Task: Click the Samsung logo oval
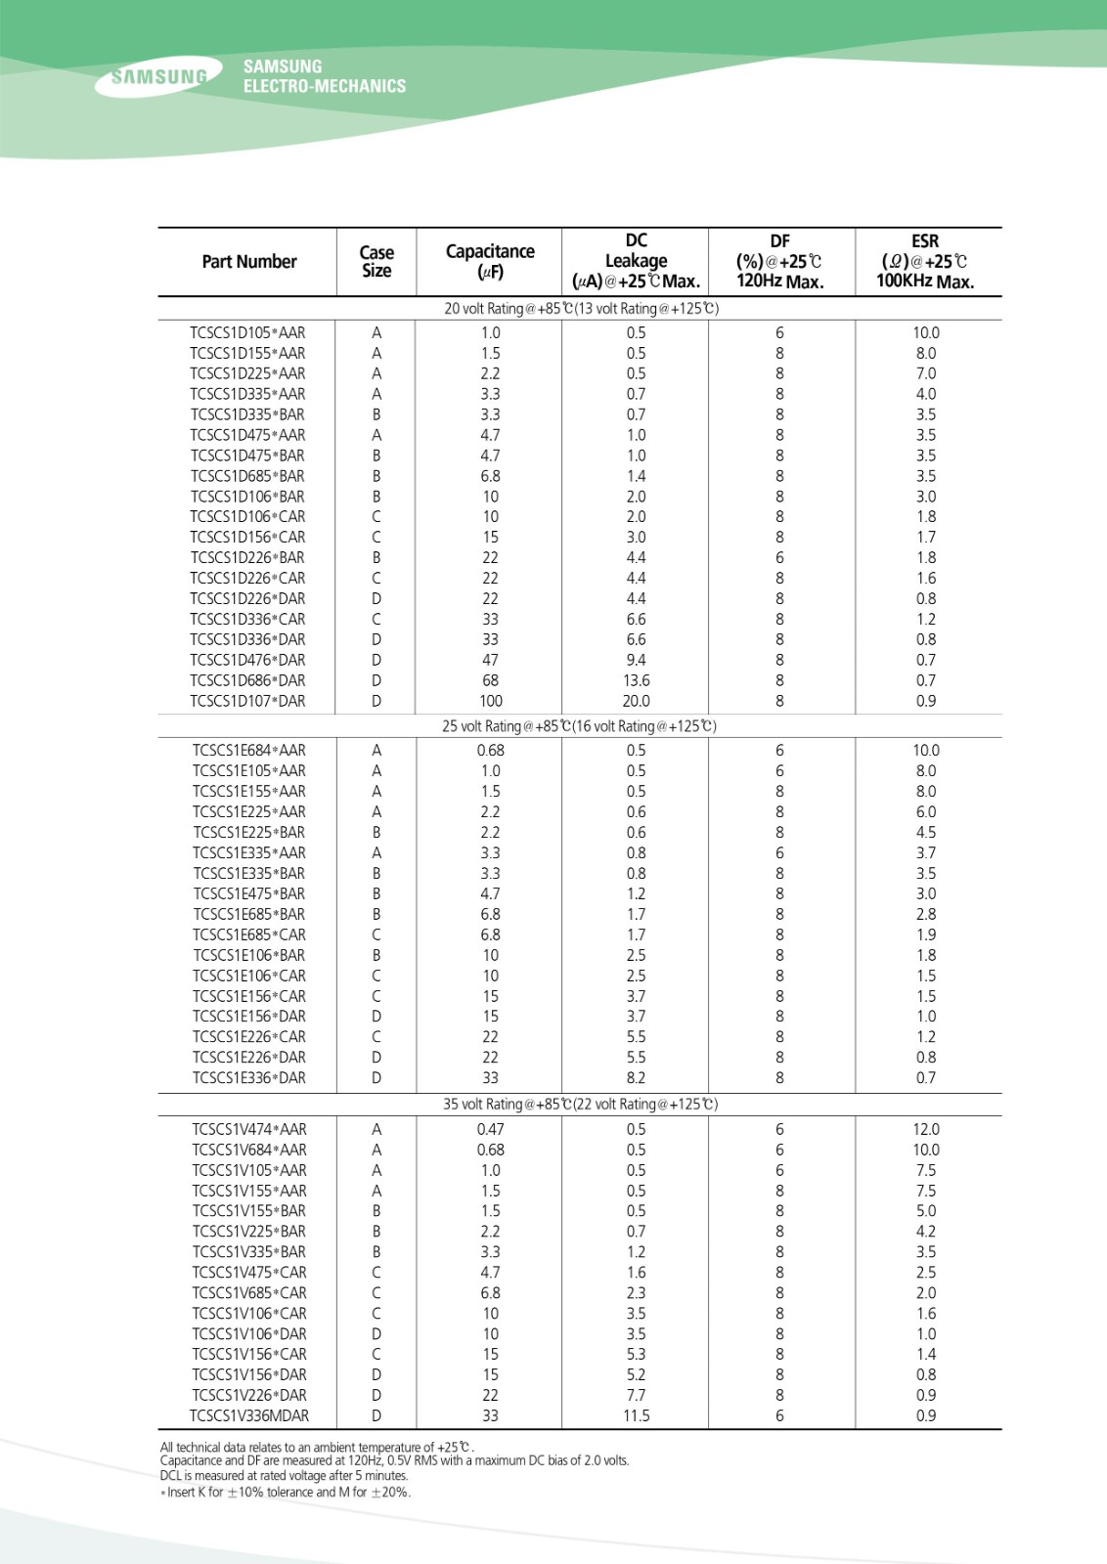(x=158, y=77)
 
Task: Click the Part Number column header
(x=248, y=262)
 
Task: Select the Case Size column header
(x=376, y=262)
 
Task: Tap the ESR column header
(x=925, y=262)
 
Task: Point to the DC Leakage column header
(x=636, y=262)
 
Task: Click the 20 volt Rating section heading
(x=581, y=309)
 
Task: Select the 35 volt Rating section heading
(x=580, y=1105)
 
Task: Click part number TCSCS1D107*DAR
(x=247, y=701)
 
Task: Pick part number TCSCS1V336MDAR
(x=249, y=1415)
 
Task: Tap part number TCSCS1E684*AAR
(x=248, y=751)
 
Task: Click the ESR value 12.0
(x=925, y=1129)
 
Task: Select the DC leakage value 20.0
(x=636, y=701)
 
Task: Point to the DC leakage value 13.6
(x=636, y=680)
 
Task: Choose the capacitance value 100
(x=490, y=701)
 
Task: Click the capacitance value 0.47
(x=490, y=1129)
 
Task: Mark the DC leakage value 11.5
(x=636, y=1415)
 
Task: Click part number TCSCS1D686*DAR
(x=247, y=680)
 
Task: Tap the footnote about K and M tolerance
(x=286, y=1493)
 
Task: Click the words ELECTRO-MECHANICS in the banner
(x=325, y=86)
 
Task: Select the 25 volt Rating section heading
(x=579, y=726)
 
